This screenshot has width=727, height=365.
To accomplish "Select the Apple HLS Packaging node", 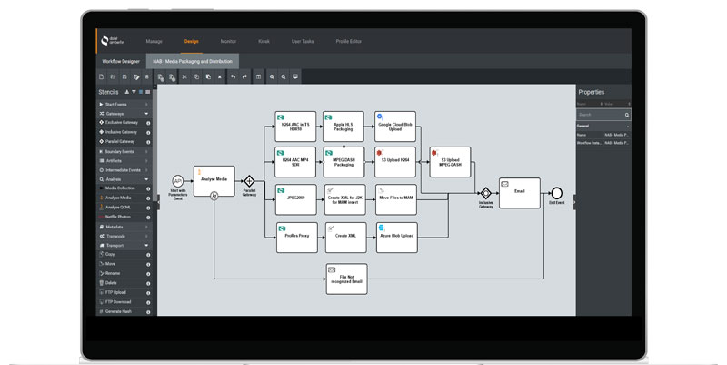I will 345,127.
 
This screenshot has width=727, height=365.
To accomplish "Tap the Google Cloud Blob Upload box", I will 396,127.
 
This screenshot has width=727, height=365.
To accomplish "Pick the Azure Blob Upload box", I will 396,237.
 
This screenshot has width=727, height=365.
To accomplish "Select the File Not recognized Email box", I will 345,279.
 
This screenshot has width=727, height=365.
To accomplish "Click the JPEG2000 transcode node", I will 294,199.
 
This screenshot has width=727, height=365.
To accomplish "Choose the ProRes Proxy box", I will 294,237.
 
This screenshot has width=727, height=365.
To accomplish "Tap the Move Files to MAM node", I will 396,199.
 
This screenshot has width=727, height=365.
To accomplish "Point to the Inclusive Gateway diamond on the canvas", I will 486,193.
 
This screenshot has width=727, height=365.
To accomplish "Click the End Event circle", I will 556,192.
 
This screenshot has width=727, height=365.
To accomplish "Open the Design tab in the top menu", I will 192,41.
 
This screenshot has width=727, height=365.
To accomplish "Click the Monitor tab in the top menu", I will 228,41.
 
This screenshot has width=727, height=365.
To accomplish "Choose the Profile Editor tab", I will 348,41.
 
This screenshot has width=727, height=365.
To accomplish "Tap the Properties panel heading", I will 592,92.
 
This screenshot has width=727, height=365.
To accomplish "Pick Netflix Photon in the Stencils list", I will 118,217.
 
